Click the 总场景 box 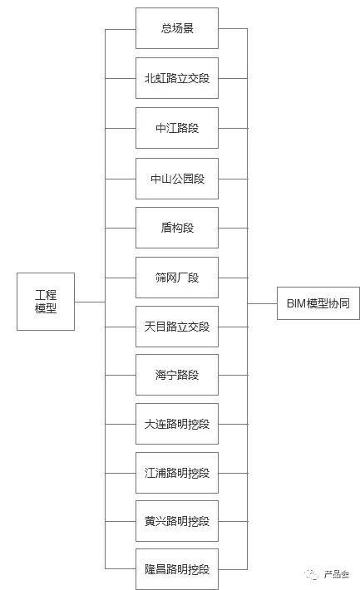click(177, 28)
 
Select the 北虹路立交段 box click(177, 78)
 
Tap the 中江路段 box click(177, 128)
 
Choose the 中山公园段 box click(177, 179)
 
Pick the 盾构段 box click(177, 228)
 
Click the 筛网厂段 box click(177, 278)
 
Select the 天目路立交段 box click(177, 327)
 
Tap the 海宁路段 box click(177, 375)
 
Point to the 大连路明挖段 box click(177, 424)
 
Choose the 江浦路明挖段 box click(177, 473)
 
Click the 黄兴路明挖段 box click(177, 521)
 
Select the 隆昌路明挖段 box click(177, 569)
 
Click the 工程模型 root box click(46, 302)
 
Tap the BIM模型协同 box click(318, 303)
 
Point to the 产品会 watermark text click(336, 574)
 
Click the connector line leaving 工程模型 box click(90, 302)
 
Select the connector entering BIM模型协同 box click(262, 303)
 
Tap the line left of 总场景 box click(120, 29)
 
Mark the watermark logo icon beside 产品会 click(313, 574)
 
